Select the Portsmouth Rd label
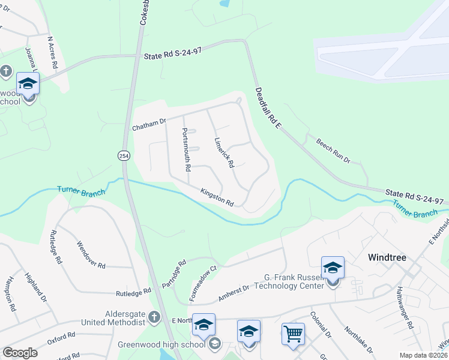coord(186,149)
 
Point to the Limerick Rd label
coord(223,152)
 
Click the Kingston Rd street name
coord(217,196)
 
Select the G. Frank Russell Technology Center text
coord(295,281)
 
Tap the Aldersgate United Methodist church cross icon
coord(154,316)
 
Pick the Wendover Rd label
coord(91,254)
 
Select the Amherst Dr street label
coord(234,292)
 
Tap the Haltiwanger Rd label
coord(404,314)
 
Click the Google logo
coord(20,352)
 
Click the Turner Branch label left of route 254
coord(81,191)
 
